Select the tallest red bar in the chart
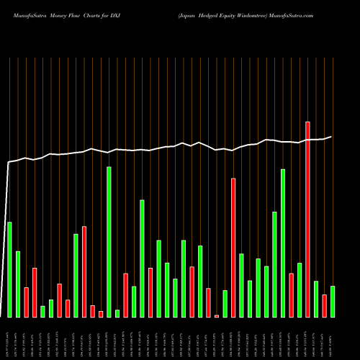coord(308,220)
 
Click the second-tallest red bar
coord(233,248)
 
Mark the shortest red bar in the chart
coord(217,316)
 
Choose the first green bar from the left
coord(9,269)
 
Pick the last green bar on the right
coord(333,302)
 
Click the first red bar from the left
coord(26,302)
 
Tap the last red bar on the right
coord(325,306)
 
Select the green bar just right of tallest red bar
coord(316,299)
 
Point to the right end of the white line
coord(332,137)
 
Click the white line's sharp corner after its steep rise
coord(9,163)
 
